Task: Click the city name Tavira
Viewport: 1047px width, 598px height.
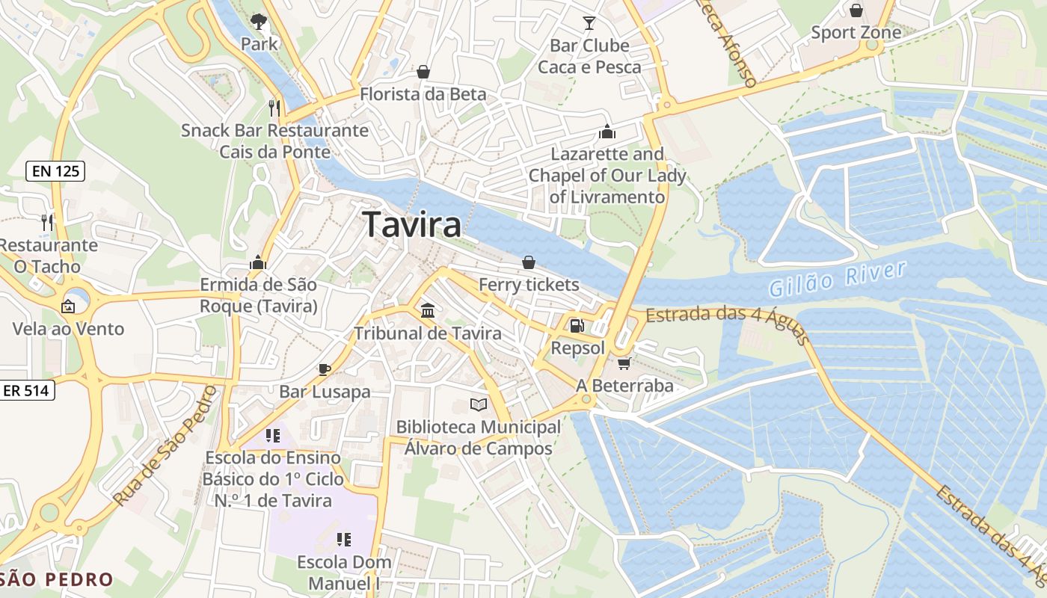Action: (411, 224)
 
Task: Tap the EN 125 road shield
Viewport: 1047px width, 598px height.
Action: (56, 171)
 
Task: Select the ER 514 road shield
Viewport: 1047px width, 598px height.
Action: (27, 390)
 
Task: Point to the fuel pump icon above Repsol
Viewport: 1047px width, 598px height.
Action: (577, 326)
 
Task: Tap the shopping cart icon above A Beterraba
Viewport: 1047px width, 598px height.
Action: (624, 363)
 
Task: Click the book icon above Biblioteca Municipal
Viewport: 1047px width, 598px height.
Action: (479, 404)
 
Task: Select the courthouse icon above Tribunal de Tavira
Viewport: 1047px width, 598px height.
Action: (428, 310)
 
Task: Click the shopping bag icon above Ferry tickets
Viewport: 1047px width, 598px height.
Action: (529, 262)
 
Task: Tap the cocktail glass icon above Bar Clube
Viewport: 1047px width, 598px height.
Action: (589, 23)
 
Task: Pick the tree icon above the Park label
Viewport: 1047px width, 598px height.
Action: (259, 21)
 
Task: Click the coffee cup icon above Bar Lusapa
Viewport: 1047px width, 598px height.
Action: (325, 369)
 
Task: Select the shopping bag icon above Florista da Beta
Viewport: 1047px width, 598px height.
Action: (423, 72)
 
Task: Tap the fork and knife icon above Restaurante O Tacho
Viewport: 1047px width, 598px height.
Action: (47, 222)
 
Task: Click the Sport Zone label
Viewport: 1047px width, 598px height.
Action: (856, 33)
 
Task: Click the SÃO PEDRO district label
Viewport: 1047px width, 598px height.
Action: (57, 579)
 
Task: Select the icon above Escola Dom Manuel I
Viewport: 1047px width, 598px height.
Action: (344, 539)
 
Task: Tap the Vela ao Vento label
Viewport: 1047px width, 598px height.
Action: (68, 329)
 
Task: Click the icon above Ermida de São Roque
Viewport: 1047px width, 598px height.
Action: (258, 262)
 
